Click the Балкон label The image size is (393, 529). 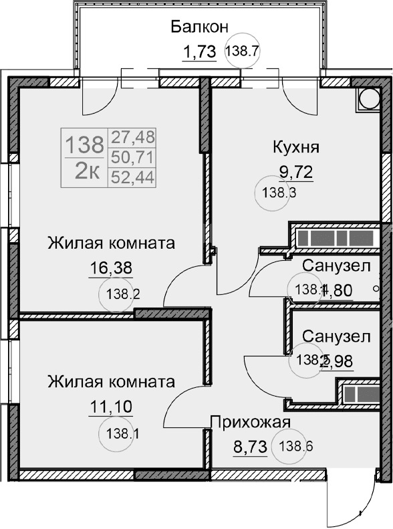point(199,27)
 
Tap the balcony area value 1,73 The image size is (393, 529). point(199,51)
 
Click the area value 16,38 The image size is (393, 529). point(111,268)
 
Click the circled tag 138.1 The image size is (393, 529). point(123,432)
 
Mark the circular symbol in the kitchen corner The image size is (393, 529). point(368,99)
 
